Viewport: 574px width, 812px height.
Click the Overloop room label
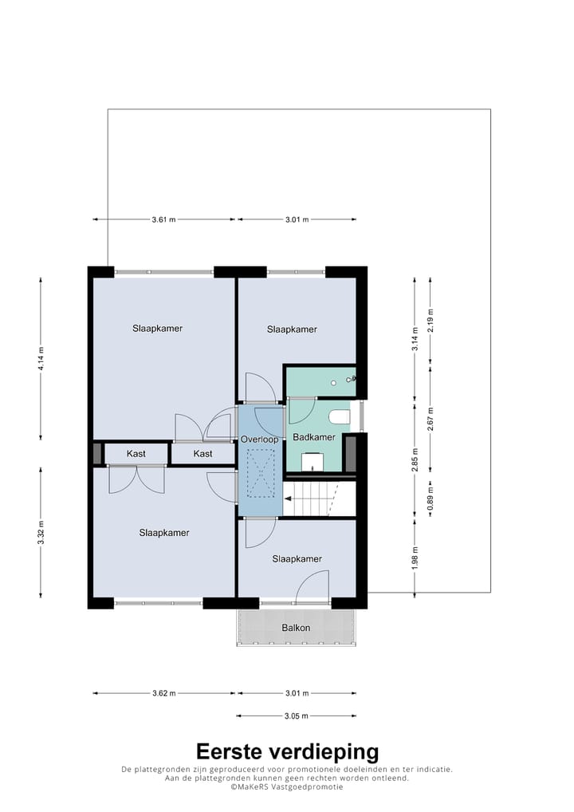click(259, 440)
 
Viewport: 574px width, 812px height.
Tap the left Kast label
click(136, 454)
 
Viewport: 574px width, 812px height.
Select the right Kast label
click(202, 454)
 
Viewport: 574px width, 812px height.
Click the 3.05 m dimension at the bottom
click(296, 716)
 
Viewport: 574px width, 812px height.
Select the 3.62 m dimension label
click(163, 693)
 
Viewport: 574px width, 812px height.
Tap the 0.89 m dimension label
click(431, 499)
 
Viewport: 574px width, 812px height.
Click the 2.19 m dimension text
click(431, 320)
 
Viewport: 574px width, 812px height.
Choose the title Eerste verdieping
click(287, 751)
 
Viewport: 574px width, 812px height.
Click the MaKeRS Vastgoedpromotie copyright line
click(287, 786)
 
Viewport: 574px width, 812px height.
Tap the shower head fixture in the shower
click(351, 380)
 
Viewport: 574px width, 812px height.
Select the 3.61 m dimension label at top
click(163, 219)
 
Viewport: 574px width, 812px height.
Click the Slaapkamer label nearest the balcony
click(297, 559)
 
